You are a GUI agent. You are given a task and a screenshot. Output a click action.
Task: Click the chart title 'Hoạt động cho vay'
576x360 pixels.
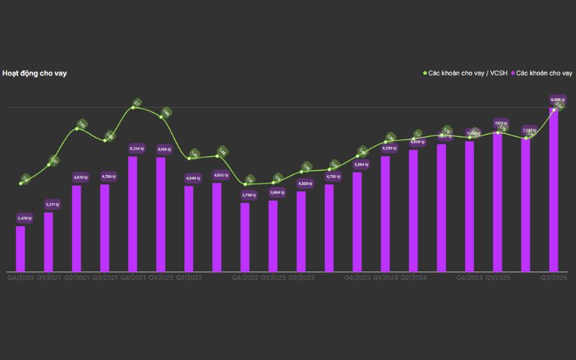(35, 73)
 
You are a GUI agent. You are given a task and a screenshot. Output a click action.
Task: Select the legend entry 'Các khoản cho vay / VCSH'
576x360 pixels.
(467, 73)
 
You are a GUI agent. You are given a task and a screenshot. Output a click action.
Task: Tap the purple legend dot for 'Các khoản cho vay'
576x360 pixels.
(513, 73)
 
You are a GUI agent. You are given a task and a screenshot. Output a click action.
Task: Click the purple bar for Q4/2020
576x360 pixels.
(20, 248)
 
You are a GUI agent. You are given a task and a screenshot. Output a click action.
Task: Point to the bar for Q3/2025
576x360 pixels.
(554, 190)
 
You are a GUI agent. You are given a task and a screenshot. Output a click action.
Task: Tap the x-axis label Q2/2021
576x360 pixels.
(76, 277)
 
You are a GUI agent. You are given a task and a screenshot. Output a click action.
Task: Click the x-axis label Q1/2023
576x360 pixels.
(273, 277)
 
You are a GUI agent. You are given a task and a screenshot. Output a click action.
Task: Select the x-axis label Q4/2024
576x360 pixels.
(469, 277)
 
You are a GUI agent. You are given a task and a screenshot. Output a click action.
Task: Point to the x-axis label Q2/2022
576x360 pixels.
(189, 277)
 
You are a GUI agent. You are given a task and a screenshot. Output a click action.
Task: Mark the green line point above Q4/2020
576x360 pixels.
(21, 184)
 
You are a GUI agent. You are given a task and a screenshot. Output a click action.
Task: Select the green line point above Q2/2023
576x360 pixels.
(301, 172)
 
